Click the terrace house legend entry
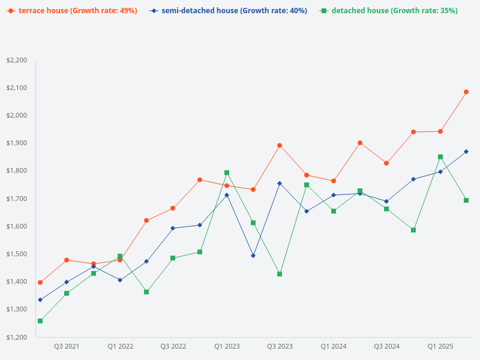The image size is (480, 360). click(71, 11)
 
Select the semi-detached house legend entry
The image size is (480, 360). click(229, 11)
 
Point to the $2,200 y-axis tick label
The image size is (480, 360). click(17, 60)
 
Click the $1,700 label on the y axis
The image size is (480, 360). click(17, 199)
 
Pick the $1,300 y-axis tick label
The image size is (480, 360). click(17, 309)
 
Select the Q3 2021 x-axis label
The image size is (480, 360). click(67, 346)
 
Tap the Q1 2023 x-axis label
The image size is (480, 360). click(227, 346)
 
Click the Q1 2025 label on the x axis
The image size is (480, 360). click(440, 346)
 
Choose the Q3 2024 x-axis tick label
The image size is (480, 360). click(387, 346)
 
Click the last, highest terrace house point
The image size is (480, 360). click(466, 92)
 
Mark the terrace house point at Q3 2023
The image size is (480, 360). click(280, 145)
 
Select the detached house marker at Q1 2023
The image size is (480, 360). click(227, 173)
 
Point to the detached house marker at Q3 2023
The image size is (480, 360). click(280, 274)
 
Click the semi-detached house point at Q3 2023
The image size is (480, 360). click(280, 183)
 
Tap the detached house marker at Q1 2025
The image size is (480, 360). click(440, 157)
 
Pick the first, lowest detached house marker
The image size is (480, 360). click(40, 321)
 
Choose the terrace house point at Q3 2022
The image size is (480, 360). click(173, 208)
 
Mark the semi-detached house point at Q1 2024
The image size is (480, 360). click(334, 195)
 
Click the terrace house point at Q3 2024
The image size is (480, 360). click(386, 163)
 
